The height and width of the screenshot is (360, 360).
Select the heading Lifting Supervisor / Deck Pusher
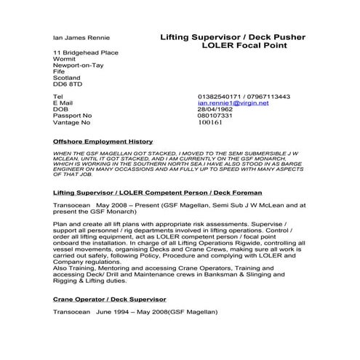tap(232, 36)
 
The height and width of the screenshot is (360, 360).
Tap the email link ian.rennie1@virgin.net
tap(233, 103)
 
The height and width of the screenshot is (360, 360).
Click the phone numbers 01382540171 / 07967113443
tap(244, 96)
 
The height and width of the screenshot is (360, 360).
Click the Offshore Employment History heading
tap(103, 141)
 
